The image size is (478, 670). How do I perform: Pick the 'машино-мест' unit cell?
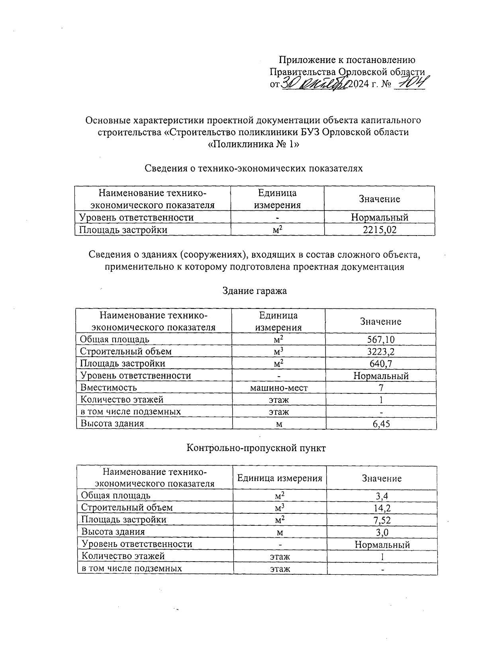[x=279, y=387]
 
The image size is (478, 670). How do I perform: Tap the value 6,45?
[x=381, y=424]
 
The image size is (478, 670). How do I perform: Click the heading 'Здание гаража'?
[x=254, y=291]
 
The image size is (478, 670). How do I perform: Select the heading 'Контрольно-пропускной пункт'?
[x=256, y=448]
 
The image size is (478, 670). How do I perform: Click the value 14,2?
[x=382, y=508]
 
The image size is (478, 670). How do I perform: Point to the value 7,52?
[x=382, y=520]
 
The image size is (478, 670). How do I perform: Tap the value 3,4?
[x=382, y=496]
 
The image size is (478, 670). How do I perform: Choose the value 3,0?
[x=382, y=532]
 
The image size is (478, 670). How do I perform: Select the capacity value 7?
[x=381, y=387]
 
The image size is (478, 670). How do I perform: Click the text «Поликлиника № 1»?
[x=253, y=144]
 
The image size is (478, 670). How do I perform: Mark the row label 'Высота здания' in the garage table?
[x=112, y=423]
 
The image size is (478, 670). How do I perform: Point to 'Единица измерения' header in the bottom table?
[x=280, y=478]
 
